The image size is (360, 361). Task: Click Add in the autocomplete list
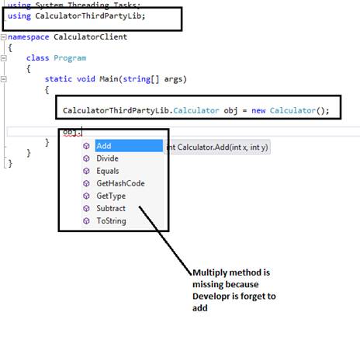tap(103, 146)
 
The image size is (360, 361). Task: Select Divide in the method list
tap(108, 158)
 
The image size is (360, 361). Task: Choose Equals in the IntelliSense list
tap(108, 171)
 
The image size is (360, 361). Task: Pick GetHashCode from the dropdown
tap(120, 183)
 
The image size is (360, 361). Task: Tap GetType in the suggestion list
tap(111, 196)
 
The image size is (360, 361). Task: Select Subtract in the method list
tap(111, 208)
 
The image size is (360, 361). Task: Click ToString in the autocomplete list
tap(111, 220)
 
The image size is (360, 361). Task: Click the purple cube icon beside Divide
tap(87, 158)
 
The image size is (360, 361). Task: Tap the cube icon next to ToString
tap(87, 220)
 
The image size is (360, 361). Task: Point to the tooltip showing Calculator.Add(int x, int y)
tap(217, 147)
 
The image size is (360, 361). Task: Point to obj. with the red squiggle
tap(72, 132)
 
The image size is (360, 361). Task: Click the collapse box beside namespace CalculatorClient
tap(4, 36)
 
